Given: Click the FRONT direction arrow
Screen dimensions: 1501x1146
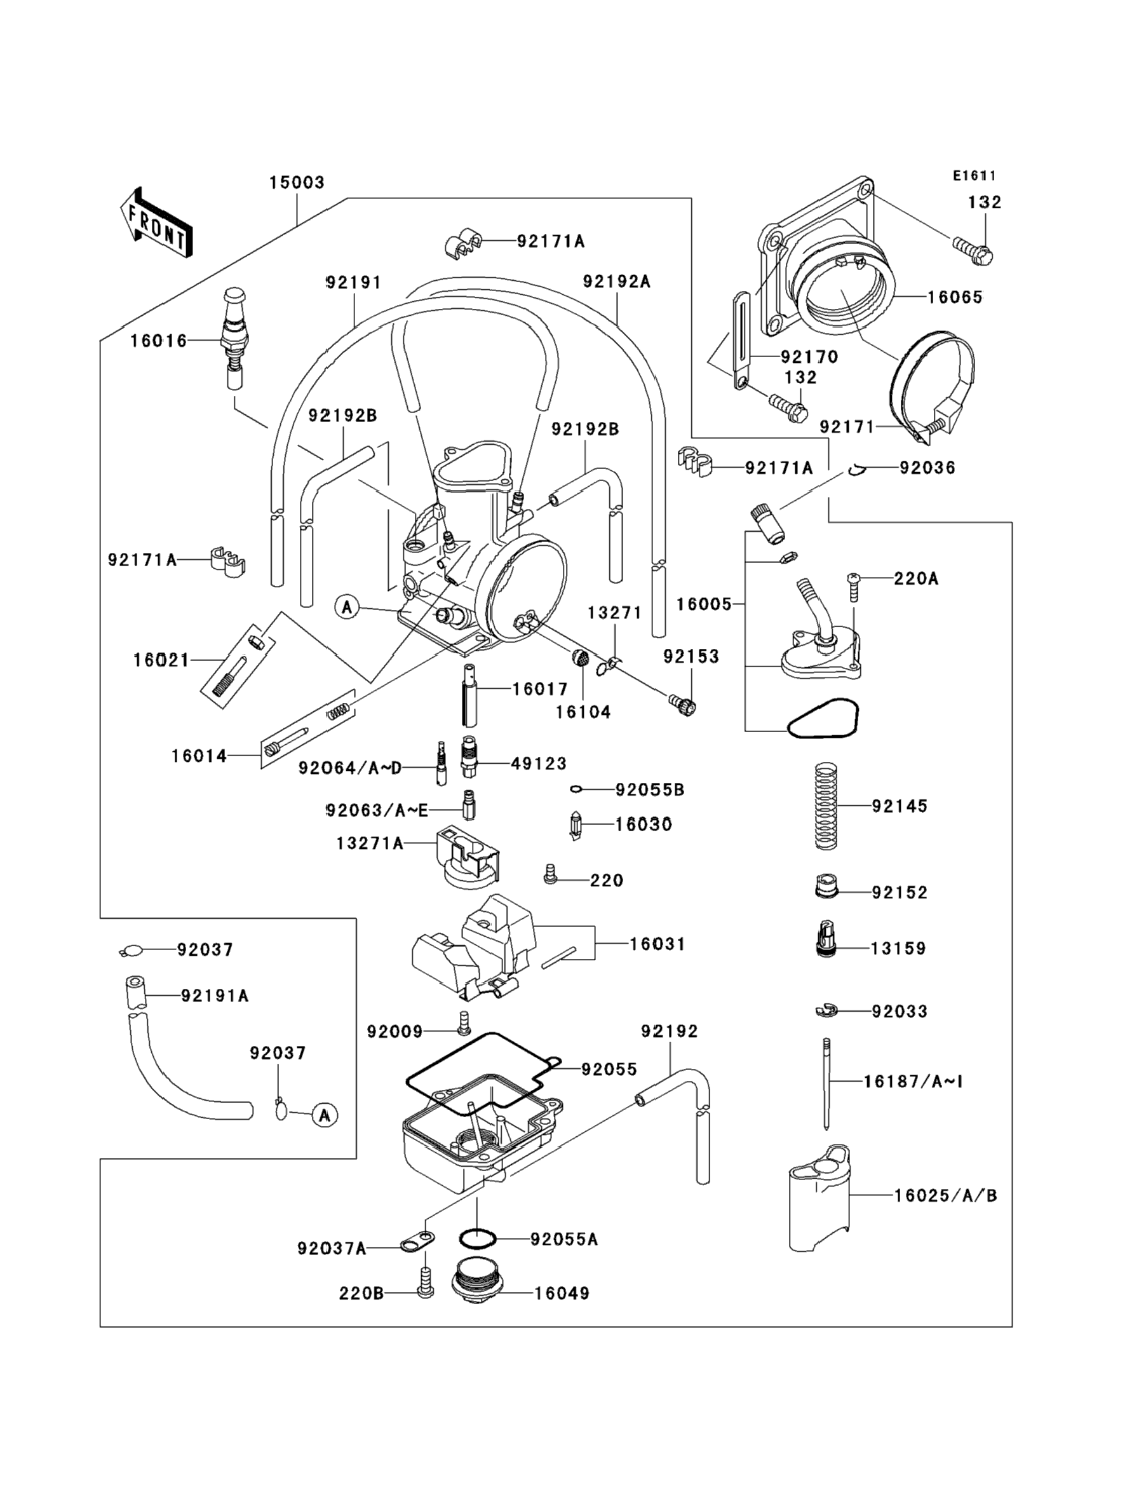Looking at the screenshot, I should tap(156, 222).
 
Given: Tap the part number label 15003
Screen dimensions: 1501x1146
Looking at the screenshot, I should tap(297, 183).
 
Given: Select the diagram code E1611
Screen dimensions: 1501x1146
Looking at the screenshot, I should tap(974, 176).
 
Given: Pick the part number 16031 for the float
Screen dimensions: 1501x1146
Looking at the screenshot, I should tap(657, 944).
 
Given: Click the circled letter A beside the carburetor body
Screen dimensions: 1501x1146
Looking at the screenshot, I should tap(347, 606).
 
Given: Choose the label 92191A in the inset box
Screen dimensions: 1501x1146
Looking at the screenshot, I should tap(214, 996).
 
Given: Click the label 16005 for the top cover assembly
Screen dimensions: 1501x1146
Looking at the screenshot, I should tap(704, 604).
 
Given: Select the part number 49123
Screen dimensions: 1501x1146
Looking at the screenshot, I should tap(539, 763).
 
